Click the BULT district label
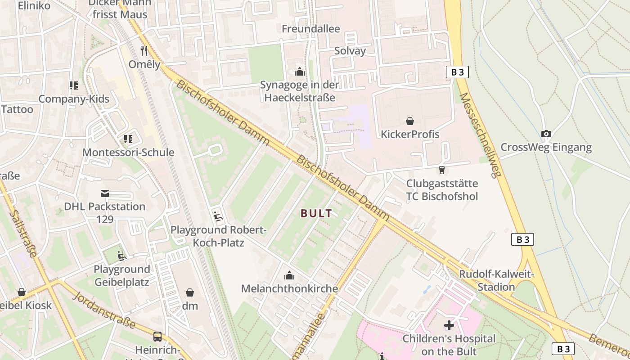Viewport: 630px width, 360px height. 316,213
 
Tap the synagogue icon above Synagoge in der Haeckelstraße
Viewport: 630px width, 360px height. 299,72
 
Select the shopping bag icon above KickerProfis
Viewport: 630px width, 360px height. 410,121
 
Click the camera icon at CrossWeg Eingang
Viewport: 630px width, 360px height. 546,134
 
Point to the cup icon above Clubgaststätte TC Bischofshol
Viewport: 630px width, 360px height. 441,170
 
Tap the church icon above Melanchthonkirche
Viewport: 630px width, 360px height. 289,275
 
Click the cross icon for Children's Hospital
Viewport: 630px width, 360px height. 449,325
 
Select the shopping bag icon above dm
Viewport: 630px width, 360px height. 190,292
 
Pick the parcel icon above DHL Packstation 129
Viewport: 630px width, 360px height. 104,193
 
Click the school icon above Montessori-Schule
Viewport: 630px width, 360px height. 128,139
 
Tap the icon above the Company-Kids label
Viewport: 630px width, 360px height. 74,85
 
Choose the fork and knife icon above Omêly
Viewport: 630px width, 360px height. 144,50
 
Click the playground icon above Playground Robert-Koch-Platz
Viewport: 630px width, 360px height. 218,216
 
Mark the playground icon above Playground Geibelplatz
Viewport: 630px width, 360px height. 121,256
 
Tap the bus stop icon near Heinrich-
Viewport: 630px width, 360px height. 157,336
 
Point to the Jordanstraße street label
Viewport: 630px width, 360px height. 104,310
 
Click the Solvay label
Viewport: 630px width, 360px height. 350,51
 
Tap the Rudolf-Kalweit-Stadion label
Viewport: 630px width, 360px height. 496,280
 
